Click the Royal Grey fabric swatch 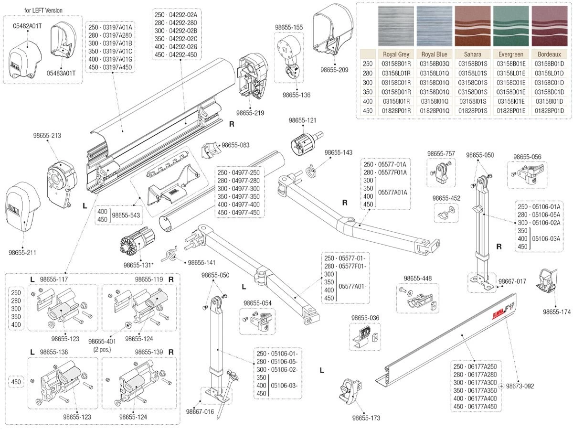pos(396,26)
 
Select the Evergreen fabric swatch pos(510,26)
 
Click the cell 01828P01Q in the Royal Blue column pos(434,111)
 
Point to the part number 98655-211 pos(22,252)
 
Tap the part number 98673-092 pos(520,386)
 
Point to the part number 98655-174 pos(556,312)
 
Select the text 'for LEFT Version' pos(43,10)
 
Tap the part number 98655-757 pos(441,154)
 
